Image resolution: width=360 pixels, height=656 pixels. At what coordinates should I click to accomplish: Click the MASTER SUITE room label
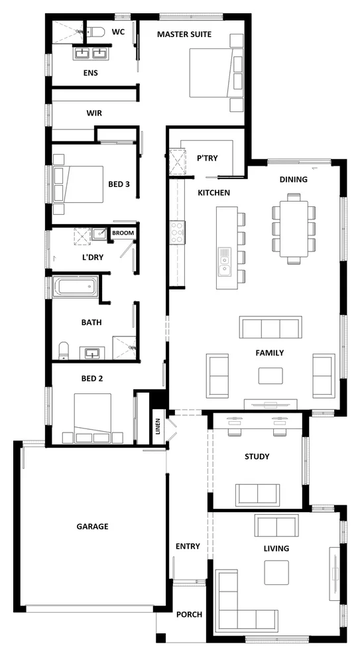[184, 34]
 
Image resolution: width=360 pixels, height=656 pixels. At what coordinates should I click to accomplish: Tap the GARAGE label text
[91, 526]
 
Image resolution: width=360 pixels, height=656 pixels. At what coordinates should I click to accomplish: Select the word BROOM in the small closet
[123, 233]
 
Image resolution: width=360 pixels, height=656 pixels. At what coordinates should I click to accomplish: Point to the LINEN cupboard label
[158, 425]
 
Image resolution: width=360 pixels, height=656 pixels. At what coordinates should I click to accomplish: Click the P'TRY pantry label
[207, 158]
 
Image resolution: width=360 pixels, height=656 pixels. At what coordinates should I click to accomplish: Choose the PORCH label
[189, 614]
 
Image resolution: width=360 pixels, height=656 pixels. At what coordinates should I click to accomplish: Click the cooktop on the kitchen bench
[178, 232]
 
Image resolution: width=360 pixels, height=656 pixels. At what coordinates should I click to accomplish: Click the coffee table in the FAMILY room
[270, 375]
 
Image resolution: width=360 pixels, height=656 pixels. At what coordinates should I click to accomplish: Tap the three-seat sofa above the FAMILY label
[270, 328]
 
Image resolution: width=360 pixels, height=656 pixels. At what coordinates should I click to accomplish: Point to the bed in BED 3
[78, 183]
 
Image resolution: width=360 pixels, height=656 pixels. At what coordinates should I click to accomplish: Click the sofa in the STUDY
[257, 494]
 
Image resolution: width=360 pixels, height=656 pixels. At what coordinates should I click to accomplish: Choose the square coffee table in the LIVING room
[276, 572]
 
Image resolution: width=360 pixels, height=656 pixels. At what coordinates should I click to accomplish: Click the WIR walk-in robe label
[93, 113]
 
